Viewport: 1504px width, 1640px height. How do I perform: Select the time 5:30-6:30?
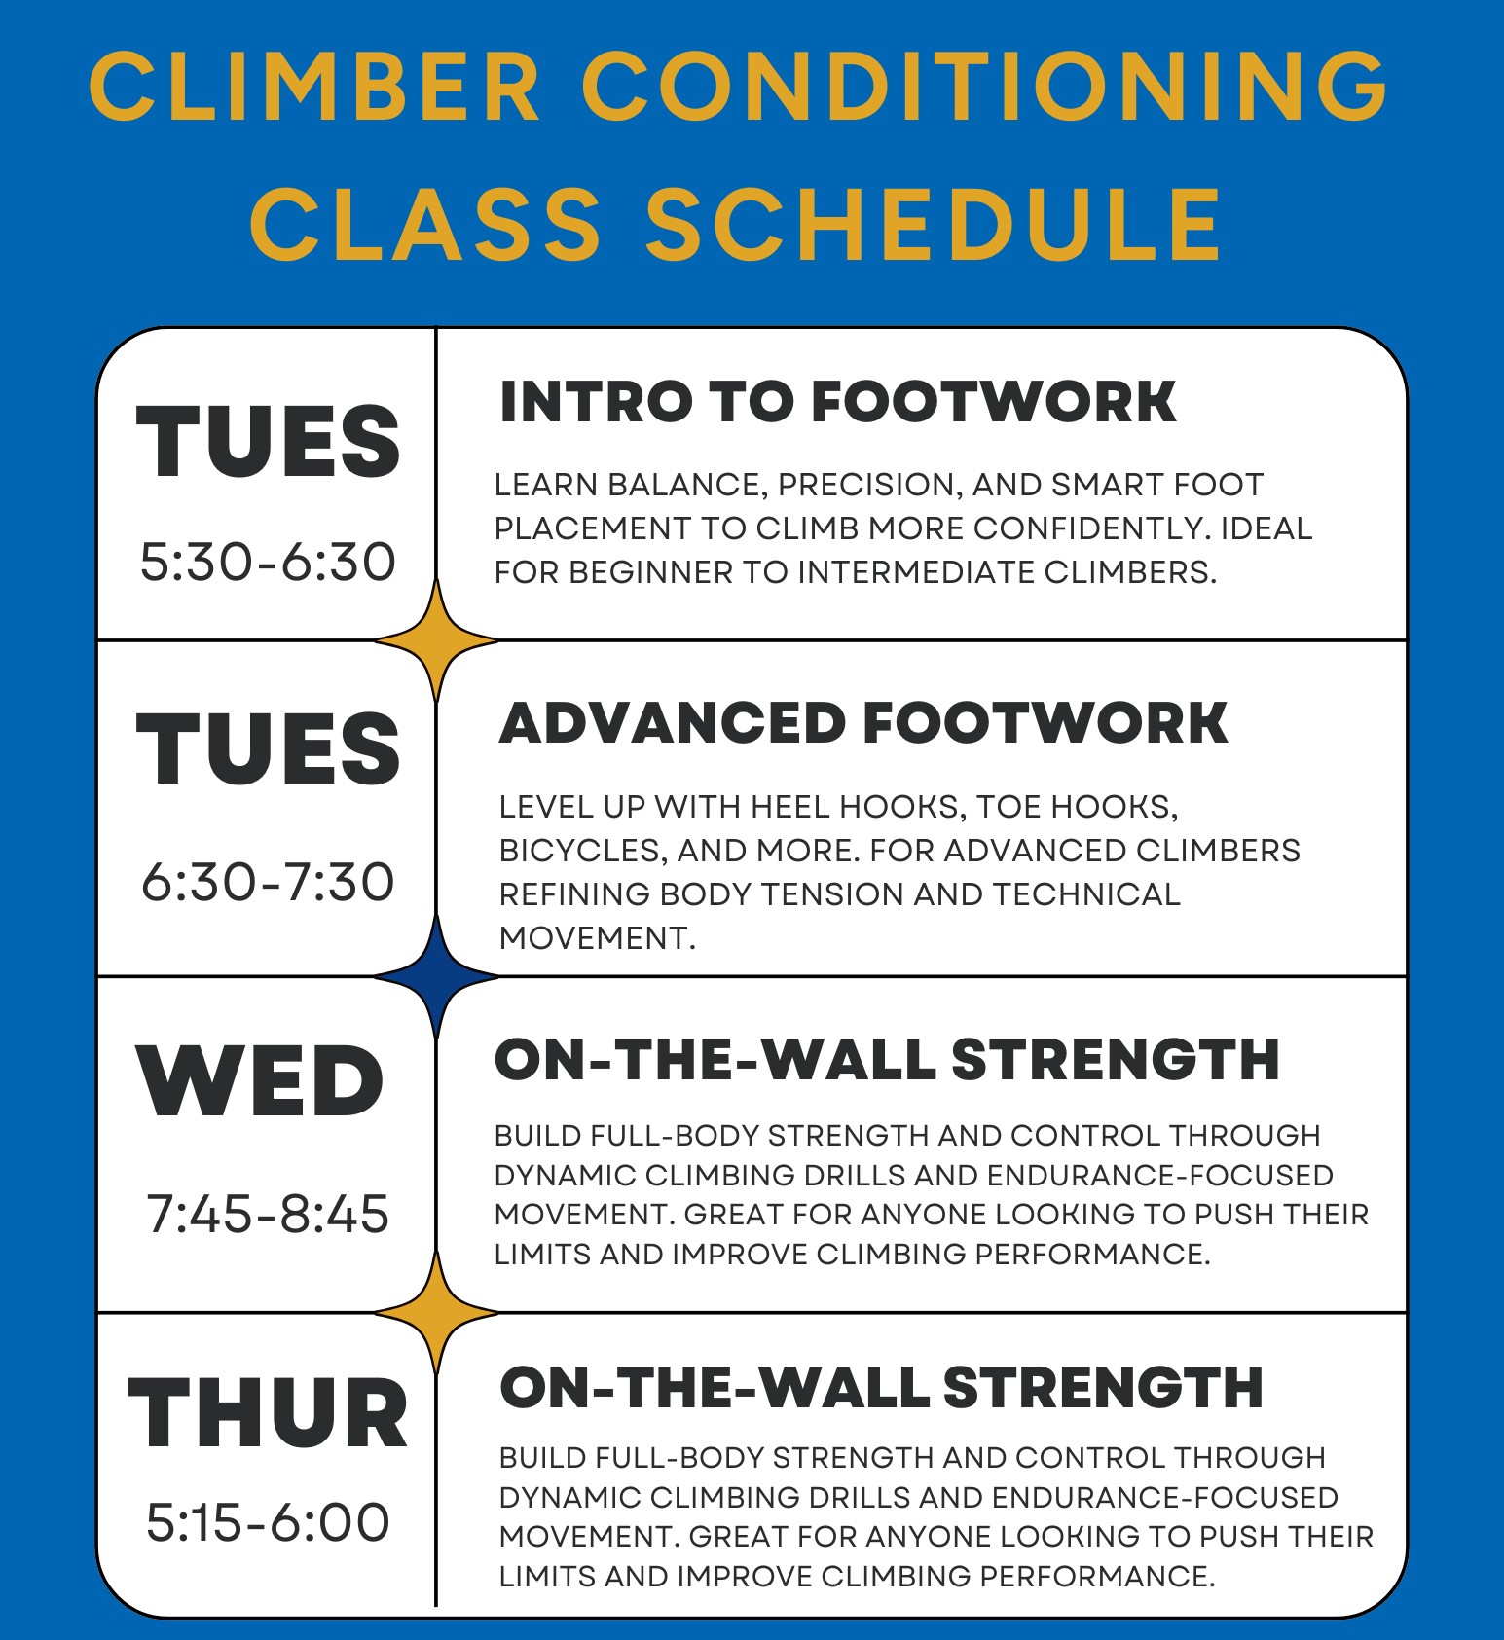click(269, 562)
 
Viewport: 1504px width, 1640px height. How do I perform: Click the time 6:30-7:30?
click(269, 882)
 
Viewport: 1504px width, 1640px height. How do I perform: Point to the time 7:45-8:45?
click(269, 1214)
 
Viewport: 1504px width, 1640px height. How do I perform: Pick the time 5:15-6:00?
click(269, 1521)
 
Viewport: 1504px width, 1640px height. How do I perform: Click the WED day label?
click(261, 1081)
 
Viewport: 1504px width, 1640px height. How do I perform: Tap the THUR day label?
click(268, 1413)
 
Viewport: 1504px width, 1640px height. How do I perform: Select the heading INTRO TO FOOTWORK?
click(838, 402)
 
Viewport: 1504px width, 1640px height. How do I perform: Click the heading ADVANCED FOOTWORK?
click(863, 723)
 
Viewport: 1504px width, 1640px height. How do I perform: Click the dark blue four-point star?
click(436, 975)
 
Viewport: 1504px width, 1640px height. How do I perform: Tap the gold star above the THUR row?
click(436, 1313)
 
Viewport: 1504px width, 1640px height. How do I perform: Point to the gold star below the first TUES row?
click(436, 639)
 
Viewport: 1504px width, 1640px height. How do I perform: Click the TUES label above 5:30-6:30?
click(269, 442)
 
